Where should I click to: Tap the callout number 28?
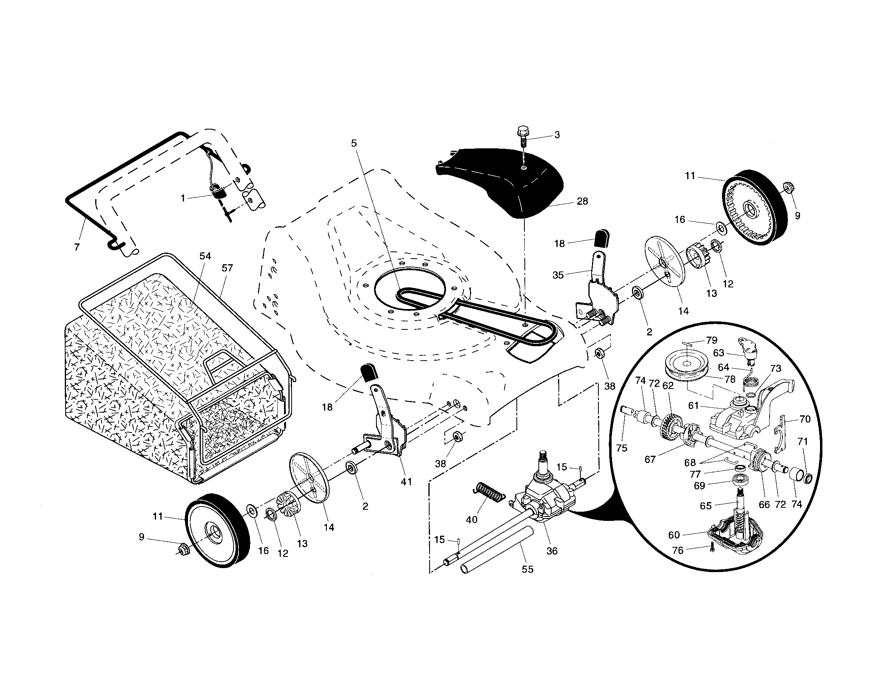tap(582, 201)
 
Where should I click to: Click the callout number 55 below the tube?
tap(527, 569)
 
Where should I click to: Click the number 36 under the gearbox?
tap(552, 551)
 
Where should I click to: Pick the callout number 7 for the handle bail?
tap(77, 247)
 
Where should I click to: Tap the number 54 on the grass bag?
tap(205, 256)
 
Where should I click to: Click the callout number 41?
tap(406, 482)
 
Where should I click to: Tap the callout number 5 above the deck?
tap(354, 143)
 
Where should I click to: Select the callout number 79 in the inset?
tap(712, 340)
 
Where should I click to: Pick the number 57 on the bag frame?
tap(227, 268)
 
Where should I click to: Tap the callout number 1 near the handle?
tap(183, 199)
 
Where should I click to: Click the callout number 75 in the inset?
tap(622, 448)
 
